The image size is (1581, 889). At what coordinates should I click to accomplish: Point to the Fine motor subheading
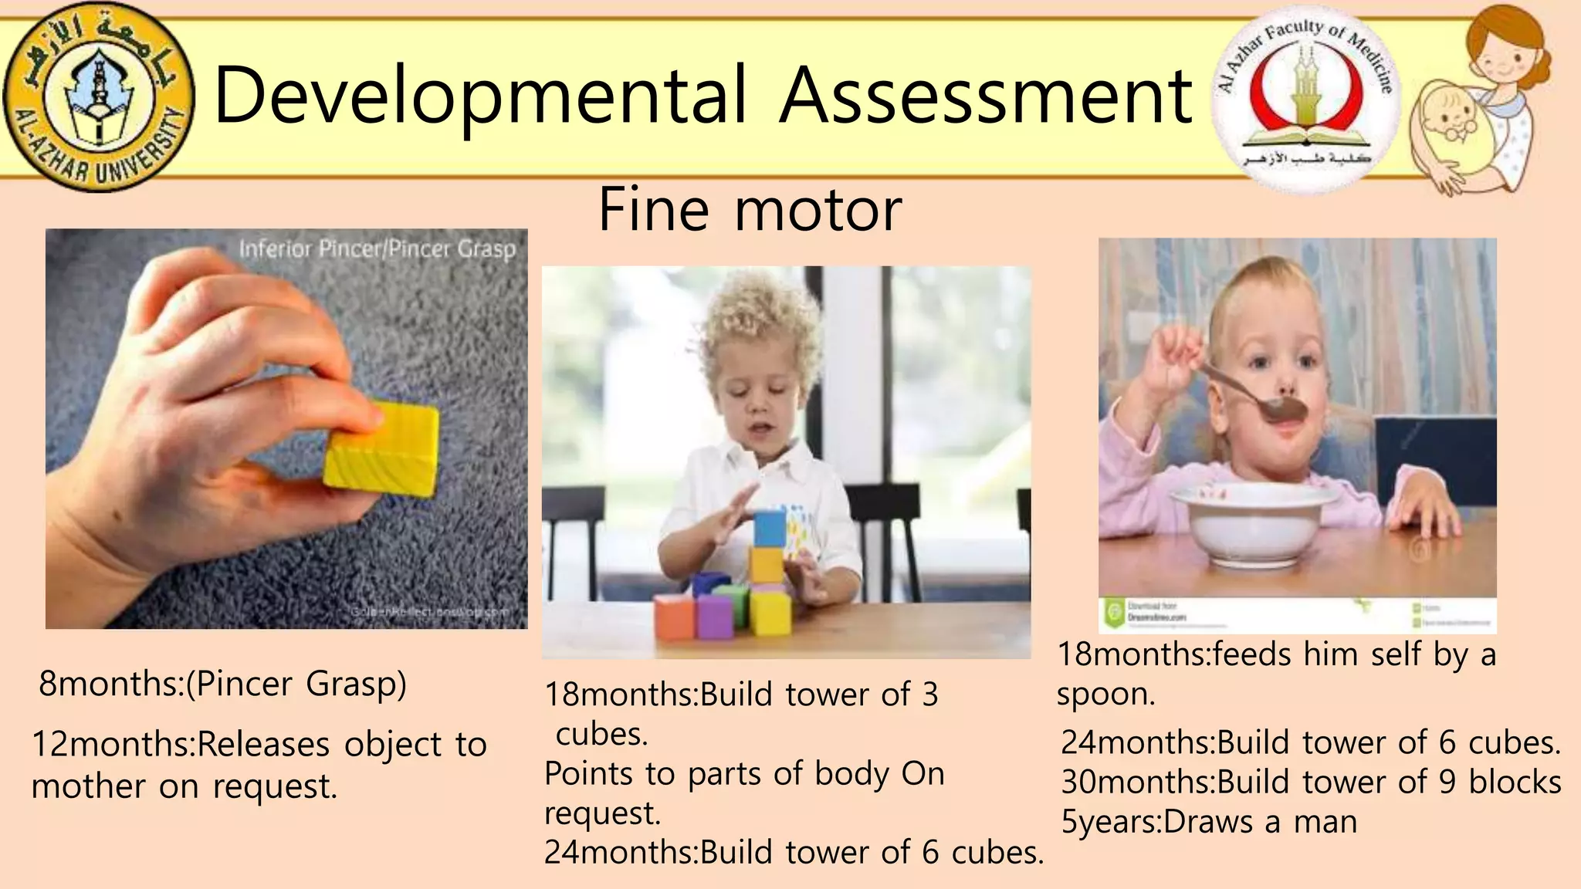(x=750, y=209)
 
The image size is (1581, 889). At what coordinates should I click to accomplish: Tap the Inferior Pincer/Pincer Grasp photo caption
(x=377, y=248)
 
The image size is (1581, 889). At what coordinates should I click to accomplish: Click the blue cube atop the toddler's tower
(x=769, y=528)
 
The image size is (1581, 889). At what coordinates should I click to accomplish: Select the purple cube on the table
(x=714, y=616)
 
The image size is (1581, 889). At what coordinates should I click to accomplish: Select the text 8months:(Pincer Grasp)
(x=222, y=684)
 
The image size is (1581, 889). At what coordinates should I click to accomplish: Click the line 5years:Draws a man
(x=1209, y=822)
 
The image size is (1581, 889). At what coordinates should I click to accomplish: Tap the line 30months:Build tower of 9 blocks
(x=1311, y=782)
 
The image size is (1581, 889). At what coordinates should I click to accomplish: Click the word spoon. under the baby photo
(x=1105, y=695)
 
